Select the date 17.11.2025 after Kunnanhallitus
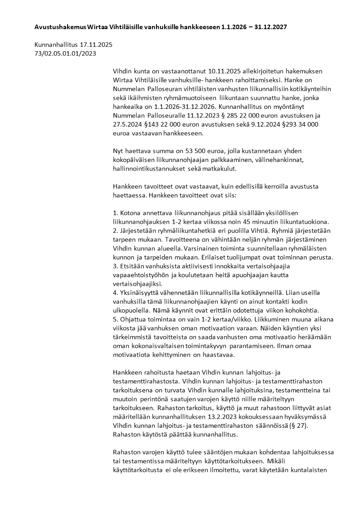point(96,45)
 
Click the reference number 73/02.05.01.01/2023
point(65,54)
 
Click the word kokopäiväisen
point(134,160)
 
